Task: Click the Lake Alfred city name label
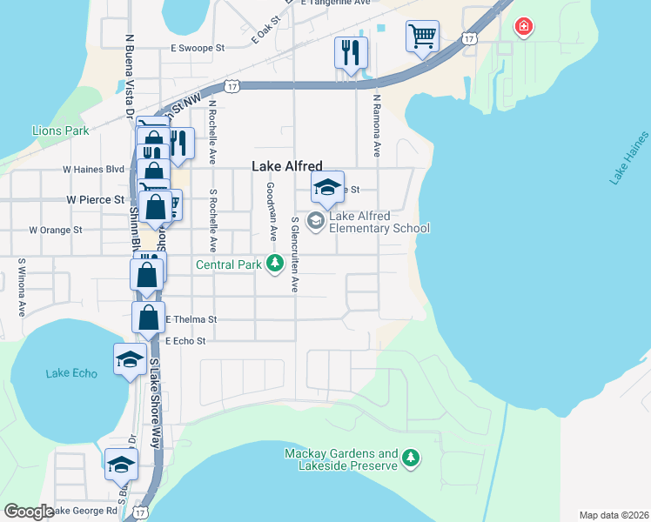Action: click(x=286, y=166)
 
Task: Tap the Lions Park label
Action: click(x=61, y=130)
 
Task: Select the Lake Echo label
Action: click(x=71, y=373)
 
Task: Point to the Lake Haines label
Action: click(x=629, y=157)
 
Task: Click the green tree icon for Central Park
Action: click(x=275, y=262)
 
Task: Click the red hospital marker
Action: click(x=523, y=27)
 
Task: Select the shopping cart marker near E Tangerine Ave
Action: click(x=422, y=37)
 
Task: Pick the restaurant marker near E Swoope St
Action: click(x=351, y=53)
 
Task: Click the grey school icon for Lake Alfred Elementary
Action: click(x=315, y=222)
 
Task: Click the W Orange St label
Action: click(x=55, y=231)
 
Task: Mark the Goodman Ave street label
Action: click(x=272, y=211)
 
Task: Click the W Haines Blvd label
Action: click(x=93, y=169)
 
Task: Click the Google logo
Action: click(x=29, y=512)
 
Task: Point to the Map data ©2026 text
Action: click(x=614, y=515)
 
